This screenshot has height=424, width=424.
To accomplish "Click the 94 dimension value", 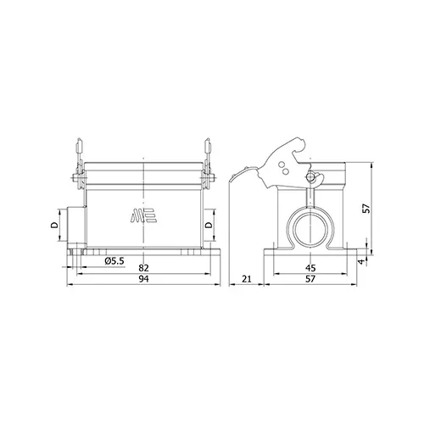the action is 143,279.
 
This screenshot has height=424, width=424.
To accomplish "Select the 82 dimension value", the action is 143,268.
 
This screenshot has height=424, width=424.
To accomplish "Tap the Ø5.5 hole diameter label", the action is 114,261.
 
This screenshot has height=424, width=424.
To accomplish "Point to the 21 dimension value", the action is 247,279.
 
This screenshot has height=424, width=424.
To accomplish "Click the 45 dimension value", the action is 310,268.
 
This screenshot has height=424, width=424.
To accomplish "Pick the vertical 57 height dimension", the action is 366,209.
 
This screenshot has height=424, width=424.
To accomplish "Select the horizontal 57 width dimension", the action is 310,279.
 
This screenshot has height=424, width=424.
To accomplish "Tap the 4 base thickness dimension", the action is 361,261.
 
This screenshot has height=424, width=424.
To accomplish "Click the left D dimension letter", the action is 54,225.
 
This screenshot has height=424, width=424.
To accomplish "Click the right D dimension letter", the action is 209,225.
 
